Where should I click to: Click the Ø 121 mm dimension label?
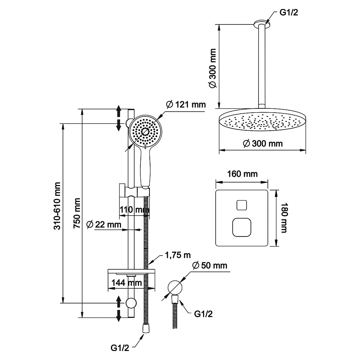[186, 105]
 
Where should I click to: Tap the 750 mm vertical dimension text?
[77, 213]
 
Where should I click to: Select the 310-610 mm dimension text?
[57, 206]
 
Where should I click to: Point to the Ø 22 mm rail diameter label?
[104, 224]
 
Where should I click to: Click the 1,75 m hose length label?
[178, 255]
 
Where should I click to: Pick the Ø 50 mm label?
[210, 265]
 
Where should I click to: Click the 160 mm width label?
[242, 174]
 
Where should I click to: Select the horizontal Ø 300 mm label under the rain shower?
[263, 144]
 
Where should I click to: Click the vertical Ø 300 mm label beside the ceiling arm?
[213, 68]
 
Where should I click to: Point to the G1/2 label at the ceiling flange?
[289, 12]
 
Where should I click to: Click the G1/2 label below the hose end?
[120, 348]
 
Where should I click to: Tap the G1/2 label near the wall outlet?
[203, 314]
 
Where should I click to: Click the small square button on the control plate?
[242, 205]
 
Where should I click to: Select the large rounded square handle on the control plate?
[242, 227]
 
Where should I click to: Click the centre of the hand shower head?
[145, 131]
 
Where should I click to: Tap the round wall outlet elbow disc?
[175, 287]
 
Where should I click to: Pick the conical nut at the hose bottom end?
[145, 328]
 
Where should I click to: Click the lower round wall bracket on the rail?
[131, 303]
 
